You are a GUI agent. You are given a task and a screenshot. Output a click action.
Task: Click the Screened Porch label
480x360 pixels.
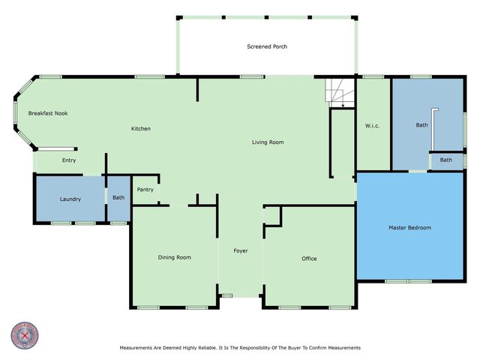pos(267,46)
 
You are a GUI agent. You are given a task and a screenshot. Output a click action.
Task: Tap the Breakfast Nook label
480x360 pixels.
pos(48,112)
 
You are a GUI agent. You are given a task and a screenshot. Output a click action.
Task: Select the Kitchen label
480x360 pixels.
pos(141,128)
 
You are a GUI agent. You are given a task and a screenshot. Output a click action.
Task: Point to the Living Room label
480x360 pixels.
pos(267,142)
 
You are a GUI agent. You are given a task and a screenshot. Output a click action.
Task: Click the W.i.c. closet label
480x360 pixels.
pos(372,125)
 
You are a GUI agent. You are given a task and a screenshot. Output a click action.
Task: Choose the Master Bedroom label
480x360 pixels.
pos(409,227)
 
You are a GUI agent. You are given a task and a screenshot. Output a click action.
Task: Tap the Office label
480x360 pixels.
pos(309,259)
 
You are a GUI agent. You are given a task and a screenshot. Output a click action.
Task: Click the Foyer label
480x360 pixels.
pos(240,250)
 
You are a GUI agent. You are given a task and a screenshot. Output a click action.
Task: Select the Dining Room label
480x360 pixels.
pos(174,257)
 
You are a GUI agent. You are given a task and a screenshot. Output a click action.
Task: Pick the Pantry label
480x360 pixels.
pos(145,190)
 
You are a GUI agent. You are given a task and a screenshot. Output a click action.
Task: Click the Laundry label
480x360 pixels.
pos(70,199)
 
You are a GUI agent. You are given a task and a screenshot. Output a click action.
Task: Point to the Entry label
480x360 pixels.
pos(69,160)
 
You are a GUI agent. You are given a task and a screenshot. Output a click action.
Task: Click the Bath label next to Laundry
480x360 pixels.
pos(118,198)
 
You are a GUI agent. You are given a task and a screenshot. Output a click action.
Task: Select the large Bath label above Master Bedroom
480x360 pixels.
pos(422,125)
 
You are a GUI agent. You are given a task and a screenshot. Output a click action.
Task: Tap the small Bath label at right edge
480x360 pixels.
pos(446,160)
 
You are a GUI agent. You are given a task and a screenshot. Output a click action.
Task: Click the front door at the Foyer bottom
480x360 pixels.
pos(227,296)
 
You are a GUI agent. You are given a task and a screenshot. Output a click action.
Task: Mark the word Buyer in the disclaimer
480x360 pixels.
pos(293,348)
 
